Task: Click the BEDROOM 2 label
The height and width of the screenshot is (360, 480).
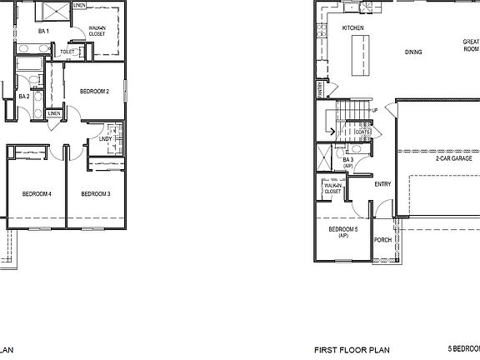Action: coord(95,91)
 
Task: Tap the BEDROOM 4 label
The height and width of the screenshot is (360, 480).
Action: coord(37,194)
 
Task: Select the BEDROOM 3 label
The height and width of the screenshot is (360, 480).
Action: coord(96,194)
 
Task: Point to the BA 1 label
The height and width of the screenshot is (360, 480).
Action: coord(44,32)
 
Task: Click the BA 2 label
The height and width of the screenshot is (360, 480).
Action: coord(24,97)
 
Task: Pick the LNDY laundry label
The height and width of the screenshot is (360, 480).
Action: coord(106,139)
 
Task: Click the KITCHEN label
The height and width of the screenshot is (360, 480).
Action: coord(353,28)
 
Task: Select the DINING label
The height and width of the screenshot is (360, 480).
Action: coord(413,52)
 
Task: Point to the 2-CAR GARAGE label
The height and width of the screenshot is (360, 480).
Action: coord(453,157)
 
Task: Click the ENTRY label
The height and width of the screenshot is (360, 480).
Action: coord(383,184)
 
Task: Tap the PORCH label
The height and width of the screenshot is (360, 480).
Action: coord(382,240)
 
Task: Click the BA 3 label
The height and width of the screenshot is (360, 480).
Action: coord(348,161)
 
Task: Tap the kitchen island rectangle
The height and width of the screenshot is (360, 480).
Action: coord(362,55)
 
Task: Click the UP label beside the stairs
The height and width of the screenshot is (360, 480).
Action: coord(375,110)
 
